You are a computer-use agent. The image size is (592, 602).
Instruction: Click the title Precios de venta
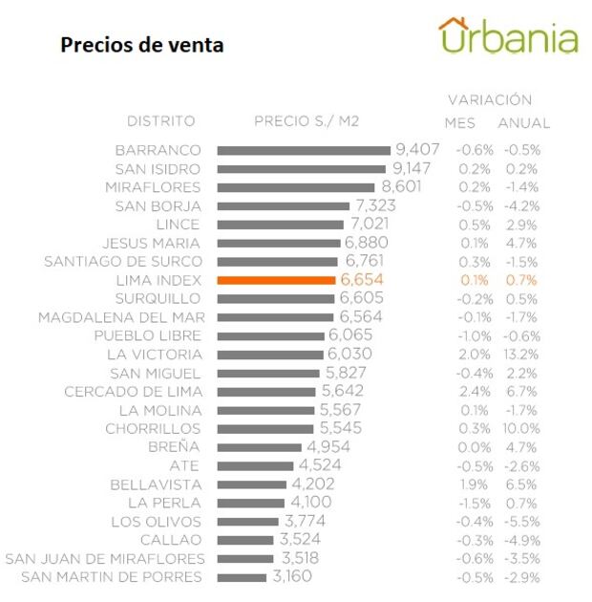(x=142, y=45)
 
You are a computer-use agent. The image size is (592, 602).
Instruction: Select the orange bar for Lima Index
(x=276, y=280)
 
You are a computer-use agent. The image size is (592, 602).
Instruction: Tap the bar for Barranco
(x=304, y=150)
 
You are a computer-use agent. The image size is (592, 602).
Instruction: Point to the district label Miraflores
(x=153, y=187)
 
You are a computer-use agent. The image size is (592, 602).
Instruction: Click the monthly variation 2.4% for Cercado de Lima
(x=473, y=392)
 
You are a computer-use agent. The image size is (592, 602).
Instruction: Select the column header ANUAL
(x=523, y=123)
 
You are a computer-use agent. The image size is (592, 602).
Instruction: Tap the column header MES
(x=459, y=123)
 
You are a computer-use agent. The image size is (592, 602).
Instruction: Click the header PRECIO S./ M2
(x=307, y=121)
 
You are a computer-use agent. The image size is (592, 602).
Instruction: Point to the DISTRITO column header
(x=160, y=121)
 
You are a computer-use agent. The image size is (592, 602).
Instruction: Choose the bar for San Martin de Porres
(x=242, y=577)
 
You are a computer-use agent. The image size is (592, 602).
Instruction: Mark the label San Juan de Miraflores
(x=105, y=559)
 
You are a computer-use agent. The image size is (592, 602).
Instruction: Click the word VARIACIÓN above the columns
(x=490, y=99)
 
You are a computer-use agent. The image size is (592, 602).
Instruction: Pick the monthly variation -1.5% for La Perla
(x=473, y=504)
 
